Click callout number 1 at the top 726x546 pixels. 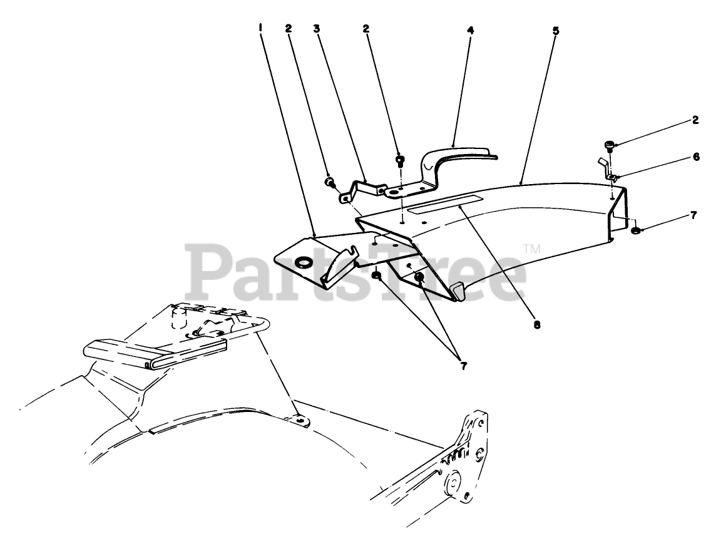[x=260, y=28]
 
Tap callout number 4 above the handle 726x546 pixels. [x=469, y=29]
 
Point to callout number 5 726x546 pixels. [x=556, y=29]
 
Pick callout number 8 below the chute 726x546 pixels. [x=536, y=325]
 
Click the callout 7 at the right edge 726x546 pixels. [x=693, y=215]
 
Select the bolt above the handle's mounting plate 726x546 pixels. [x=399, y=160]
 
